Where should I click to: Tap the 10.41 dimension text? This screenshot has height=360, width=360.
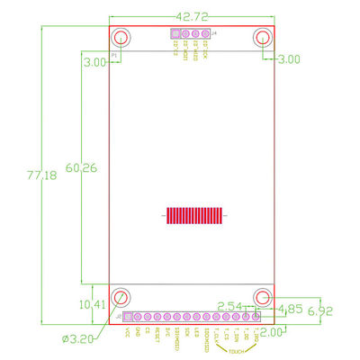92,304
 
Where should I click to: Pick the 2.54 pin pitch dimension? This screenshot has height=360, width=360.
230,306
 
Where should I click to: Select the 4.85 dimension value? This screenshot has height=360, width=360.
292,308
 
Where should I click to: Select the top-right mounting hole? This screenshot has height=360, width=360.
263,38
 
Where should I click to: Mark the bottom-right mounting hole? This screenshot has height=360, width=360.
263,297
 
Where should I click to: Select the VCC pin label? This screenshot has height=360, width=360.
127,332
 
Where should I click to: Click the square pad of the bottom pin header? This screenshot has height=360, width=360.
127,317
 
